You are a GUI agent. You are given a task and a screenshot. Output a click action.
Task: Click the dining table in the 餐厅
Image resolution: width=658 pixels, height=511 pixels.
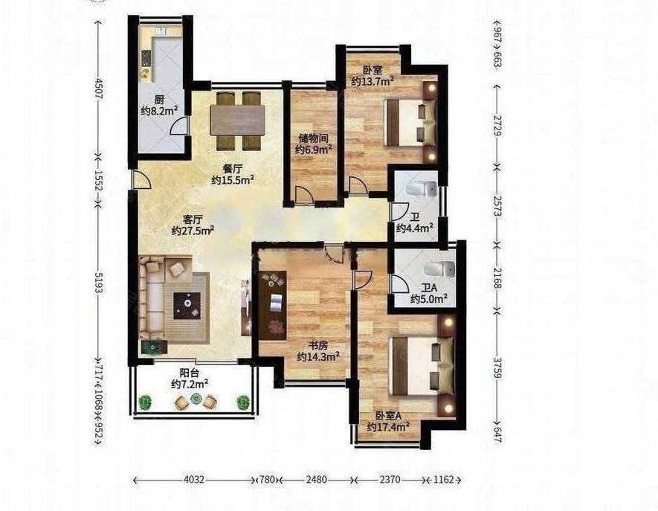coord(237,120)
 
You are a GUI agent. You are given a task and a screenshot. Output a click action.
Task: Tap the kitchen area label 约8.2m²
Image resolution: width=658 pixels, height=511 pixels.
coord(158,112)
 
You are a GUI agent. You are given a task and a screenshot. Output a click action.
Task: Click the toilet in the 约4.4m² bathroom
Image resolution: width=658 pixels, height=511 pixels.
coord(421,190)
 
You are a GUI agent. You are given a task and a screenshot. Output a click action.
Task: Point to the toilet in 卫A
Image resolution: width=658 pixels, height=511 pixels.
coord(439,269)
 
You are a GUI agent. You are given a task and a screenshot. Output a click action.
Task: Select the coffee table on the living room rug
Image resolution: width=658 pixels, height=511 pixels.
coord(187,306)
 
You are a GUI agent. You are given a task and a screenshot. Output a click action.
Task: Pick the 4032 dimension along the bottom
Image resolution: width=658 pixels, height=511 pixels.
coord(194,480)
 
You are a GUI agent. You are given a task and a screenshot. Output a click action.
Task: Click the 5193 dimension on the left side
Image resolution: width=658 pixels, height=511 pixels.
coord(98,282)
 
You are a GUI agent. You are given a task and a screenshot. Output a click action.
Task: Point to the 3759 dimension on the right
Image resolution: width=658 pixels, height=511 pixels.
coord(497,368)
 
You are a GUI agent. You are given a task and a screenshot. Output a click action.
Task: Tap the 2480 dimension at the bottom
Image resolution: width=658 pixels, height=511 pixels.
coord(317,480)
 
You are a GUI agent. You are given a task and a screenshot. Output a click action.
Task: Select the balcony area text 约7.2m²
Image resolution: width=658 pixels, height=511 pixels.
coord(190,384)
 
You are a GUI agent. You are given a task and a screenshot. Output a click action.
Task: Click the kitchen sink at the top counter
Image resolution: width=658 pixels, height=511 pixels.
coord(161,31)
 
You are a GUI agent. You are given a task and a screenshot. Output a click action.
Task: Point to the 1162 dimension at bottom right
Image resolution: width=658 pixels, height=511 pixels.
coord(444,480)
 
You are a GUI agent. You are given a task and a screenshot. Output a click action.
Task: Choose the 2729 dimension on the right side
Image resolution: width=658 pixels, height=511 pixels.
coord(497,126)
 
